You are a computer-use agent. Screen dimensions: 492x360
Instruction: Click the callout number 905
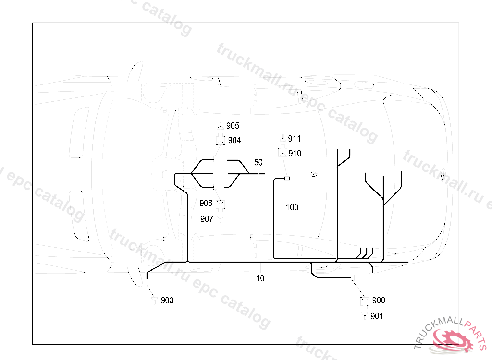click(233, 126)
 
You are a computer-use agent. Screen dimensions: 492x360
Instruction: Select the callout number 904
click(234, 140)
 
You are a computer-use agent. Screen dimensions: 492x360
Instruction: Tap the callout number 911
click(294, 139)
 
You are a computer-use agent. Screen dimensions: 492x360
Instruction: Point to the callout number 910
click(295, 153)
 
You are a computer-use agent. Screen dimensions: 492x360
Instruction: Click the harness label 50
click(258, 163)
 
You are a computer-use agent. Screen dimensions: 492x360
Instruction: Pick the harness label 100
click(292, 207)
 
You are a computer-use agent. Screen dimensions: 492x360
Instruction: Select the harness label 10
click(260, 278)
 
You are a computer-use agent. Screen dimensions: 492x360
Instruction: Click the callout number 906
click(206, 204)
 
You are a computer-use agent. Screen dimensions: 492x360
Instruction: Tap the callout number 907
click(207, 219)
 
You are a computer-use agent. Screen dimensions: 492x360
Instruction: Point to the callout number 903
click(167, 300)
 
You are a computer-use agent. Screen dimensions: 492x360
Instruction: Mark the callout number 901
click(377, 316)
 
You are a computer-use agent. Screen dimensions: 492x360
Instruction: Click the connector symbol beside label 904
click(221, 140)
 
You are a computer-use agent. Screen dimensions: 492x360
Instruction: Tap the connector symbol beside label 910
click(282, 153)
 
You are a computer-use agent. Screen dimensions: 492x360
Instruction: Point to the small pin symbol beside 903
click(155, 301)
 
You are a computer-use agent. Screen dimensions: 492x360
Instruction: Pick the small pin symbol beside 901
click(365, 316)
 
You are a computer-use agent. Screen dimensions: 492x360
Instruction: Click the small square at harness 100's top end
click(287, 179)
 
